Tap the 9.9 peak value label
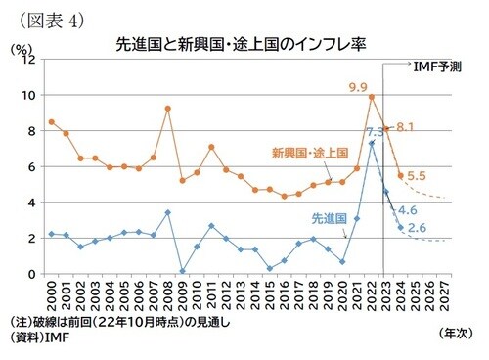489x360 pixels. pos(358,87)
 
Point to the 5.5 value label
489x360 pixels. pos(415,176)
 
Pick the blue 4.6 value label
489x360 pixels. pos(408,210)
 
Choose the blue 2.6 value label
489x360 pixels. pos(416,229)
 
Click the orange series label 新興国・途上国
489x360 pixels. pos(312,153)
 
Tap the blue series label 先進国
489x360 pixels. pos(330,219)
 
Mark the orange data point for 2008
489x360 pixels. pos(168,109)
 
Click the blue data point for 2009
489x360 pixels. pos(183,271)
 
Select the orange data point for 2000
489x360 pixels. pos(51,121)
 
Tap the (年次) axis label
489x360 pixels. pos(456,334)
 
